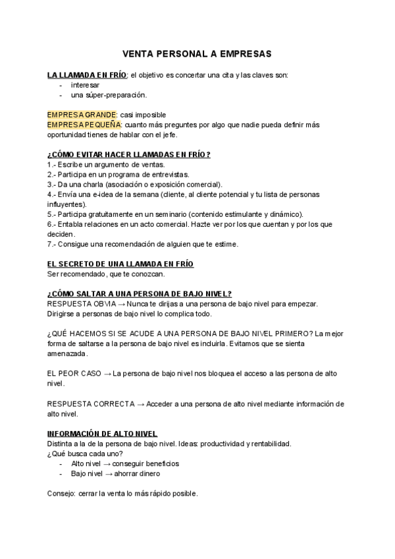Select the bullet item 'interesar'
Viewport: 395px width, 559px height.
(85, 86)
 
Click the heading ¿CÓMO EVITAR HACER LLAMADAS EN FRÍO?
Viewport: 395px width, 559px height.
(128, 154)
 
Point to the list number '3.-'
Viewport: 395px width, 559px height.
(52, 184)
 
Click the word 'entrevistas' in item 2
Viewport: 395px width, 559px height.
(171, 174)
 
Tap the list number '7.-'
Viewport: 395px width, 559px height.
(52, 244)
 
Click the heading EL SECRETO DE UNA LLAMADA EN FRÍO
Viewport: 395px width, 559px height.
(120, 264)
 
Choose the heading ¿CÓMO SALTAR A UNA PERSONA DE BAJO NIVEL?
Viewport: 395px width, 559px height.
(139, 294)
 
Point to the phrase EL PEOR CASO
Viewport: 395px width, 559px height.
(74, 373)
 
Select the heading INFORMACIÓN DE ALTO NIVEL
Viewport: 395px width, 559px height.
(102, 434)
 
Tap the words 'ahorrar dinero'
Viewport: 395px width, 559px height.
(136, 473)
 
